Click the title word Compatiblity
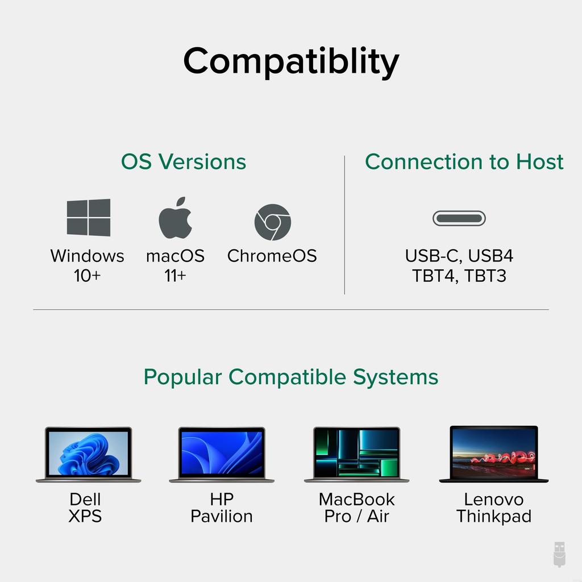click(x=290, y=61)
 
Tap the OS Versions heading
click(x=183, y=161)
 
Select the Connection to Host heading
click(x=464, y=161)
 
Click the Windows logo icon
click(x=89, y=218)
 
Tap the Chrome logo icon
click(x=272, y=222)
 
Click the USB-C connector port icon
click(x=459, y=218)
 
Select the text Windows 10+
click(x=87, y=265)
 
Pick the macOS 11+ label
click(x=175, y=265)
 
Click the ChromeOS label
click(x=272, y=256)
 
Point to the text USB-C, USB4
click(x=459, y=256)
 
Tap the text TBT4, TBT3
click(x=459, y=276)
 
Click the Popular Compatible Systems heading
click(x=290, y=377)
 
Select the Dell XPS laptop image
click(x=88, y=454)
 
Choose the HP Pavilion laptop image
click(x=221, y=454)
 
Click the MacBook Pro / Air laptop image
click(x=356, y=454)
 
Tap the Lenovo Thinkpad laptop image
click(x=493, y=454)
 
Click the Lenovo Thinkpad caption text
click(x=493, y=508)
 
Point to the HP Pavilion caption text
click(x=221, y=508)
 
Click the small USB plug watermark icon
click(x=559, y=554)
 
